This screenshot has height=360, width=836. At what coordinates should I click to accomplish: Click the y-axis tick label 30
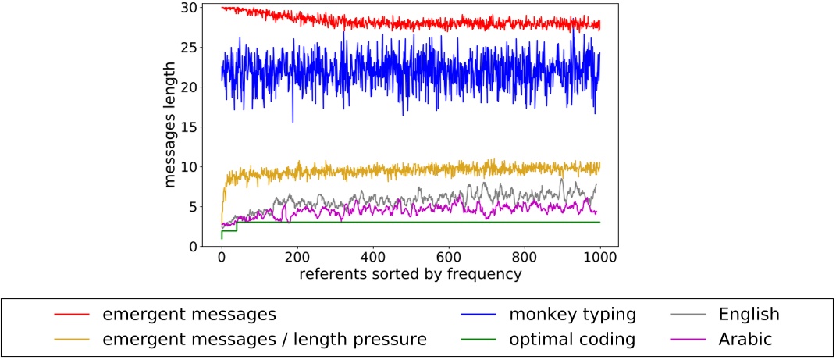point(189,8)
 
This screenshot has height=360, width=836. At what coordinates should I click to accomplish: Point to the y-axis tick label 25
point(189,48)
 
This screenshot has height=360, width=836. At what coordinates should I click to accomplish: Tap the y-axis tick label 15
point(189,127)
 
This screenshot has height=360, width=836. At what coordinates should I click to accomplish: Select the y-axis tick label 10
point(189,167)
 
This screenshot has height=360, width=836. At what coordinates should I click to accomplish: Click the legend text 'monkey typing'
point(572,315)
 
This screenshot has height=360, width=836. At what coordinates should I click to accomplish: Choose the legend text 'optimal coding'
point(572,340)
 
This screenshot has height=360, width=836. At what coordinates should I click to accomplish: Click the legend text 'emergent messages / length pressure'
point(265,340)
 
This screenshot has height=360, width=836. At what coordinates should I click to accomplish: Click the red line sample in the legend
point(71,315)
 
